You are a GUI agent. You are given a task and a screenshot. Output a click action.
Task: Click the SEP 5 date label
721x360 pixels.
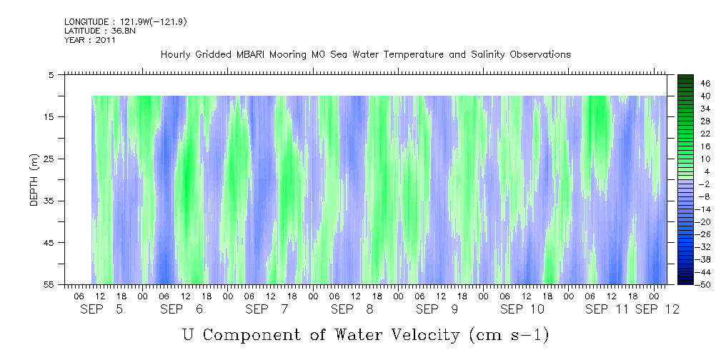(x=101, y=309)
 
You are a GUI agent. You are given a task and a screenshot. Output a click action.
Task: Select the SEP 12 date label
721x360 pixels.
(x=657, y=309)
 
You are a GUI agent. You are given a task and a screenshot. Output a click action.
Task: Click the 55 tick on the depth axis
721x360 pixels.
(x=53, y=284)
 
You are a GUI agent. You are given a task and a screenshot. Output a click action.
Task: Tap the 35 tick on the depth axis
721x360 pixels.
(x=53, y=201)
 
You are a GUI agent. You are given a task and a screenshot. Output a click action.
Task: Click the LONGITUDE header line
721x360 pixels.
(x=125, y=22)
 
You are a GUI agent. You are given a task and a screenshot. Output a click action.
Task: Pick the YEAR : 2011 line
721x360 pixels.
(x=89, y=40)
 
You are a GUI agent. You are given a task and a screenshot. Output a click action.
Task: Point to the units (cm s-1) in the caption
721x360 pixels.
(x=508, y=335)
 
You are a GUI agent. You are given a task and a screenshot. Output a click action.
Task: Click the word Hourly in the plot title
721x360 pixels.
(x=175, y=54)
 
